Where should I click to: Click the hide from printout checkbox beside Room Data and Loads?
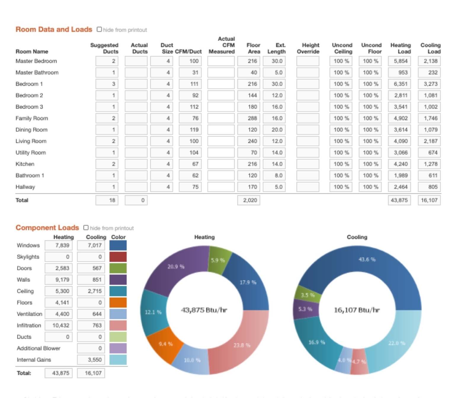[99, 29]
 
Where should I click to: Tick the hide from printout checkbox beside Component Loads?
[86, 227]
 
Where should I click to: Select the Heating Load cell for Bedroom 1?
[399, 84]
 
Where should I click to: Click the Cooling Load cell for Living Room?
[429, 141]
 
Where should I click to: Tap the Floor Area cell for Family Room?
[249, 118]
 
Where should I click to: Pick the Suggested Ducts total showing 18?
[107, 200]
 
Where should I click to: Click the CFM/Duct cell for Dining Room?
[190, 130]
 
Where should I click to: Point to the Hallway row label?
[25, 187]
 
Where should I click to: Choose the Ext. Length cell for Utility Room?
[274, 153]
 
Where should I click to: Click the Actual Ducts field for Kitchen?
[136, 164]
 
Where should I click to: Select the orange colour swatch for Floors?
[118, 303]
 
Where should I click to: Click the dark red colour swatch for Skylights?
[118, 257]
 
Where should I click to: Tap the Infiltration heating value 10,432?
[59, 325]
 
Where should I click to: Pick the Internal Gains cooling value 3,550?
[91, 360]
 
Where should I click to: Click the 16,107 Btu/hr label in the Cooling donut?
[357, 310]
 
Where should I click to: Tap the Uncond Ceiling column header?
[342, 48]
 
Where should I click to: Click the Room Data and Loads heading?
[54, 29]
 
